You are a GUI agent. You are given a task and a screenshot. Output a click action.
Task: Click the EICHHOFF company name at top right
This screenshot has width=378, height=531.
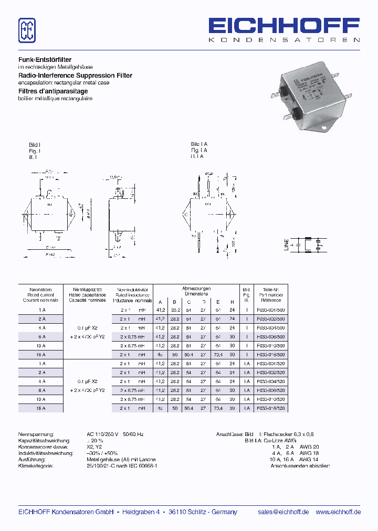[x=284, y=25]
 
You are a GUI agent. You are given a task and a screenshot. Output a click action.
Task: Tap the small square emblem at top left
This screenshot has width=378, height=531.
[x=27, y=30]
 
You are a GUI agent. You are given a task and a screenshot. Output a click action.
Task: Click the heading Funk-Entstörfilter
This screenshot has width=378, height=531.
[x=45, y=60]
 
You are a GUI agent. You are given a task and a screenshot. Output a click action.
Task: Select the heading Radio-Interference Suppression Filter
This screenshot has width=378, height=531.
[x=75, y=76]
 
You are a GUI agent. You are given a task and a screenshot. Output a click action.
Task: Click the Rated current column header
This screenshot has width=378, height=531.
[x=40, y=294]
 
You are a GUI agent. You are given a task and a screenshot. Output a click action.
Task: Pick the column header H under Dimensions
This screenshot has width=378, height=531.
[x=232, y=301]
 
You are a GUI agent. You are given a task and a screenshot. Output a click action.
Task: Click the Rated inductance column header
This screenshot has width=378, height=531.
[x=132, y=294]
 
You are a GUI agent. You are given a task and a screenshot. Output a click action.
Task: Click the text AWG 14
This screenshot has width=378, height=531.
[x=309, y=459]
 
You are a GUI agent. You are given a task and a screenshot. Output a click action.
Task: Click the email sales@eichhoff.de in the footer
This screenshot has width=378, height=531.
[x=283, y=512]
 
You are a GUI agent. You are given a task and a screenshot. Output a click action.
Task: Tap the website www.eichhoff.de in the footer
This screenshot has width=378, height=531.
[x=338, y=512]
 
